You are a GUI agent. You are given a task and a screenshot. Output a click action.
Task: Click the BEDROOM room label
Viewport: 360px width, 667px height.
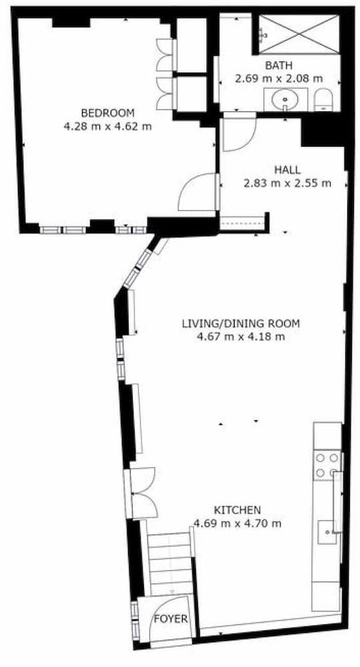point(107,112)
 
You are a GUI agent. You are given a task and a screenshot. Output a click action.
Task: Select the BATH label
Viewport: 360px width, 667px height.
point(278,65)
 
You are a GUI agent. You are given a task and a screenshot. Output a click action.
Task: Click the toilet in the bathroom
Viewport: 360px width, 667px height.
point(323,101)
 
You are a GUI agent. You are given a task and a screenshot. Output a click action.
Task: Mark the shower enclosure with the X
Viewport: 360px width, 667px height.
point(299,32)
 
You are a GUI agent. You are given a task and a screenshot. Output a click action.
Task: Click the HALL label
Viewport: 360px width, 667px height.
point(287,169)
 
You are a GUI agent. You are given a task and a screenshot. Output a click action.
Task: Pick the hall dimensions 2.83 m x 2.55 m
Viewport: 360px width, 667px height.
point(287,183)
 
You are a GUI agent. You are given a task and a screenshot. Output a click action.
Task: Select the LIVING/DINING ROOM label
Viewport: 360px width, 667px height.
point(241,324)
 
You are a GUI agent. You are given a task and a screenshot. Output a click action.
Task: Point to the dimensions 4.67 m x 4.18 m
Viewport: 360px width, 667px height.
point(241,337)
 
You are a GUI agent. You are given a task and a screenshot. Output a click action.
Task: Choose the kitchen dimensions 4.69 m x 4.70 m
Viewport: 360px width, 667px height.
point(237,522)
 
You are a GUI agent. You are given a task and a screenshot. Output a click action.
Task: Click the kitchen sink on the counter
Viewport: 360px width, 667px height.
point(328,532)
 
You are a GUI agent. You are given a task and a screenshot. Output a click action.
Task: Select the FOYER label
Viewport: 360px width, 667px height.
point(171,618)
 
